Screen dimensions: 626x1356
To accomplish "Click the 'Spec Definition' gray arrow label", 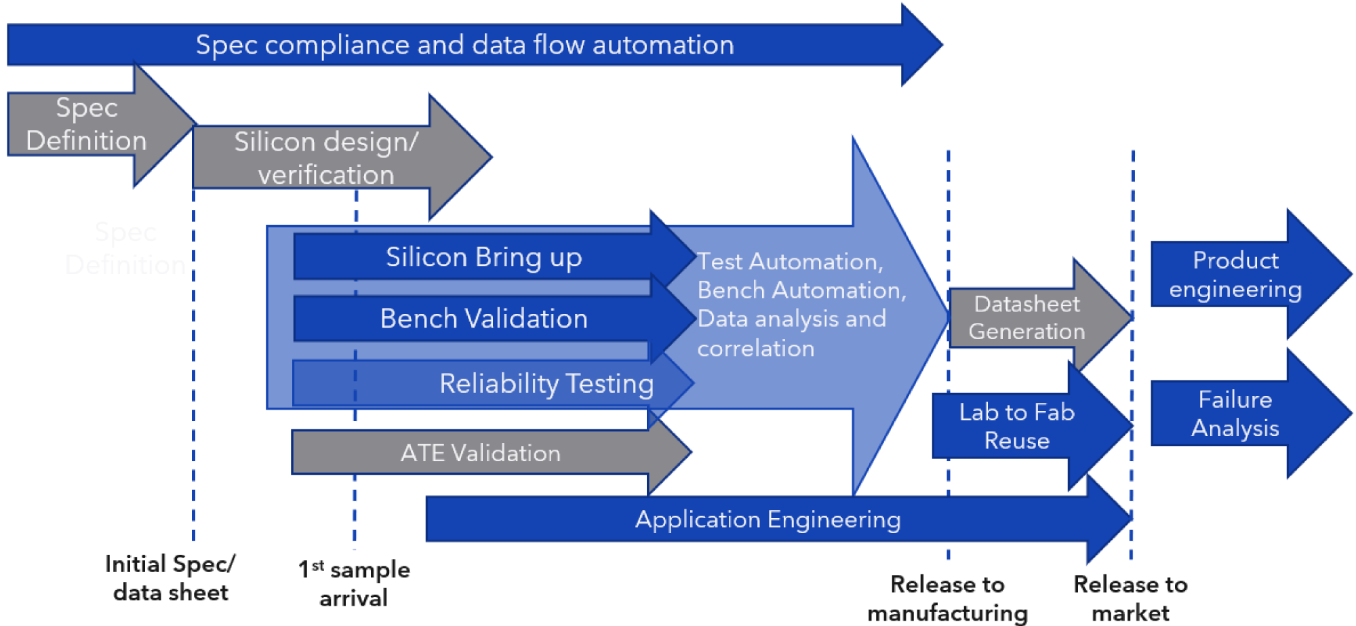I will tap(86, 125).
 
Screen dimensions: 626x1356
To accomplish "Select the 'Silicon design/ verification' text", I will tap(325, 158).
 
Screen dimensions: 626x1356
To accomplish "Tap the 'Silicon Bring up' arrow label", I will tap(483, 258).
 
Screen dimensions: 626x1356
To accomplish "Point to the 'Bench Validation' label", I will tap(483, 319).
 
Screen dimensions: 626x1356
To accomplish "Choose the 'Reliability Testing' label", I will tap(546, 384).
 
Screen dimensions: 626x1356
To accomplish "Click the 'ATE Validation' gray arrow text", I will tap(480, 453).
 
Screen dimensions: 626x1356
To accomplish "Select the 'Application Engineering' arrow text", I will tap(767, 520).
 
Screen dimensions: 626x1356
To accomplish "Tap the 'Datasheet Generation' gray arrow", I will tap(1026, 317).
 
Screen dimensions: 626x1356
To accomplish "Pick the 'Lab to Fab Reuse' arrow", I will tap(1016, 426).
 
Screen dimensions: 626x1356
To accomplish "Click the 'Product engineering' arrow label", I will tap(1235, 275).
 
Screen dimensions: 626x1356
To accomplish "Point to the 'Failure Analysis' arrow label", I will tap(1235, 414).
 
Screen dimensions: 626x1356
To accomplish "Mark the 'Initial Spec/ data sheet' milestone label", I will tap(170, 578).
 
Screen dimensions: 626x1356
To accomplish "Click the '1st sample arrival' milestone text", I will tap(354, 583).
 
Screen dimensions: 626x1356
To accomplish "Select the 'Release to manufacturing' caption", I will tap(947, 598).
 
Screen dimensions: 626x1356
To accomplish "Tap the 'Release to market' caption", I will tap(1130, 598).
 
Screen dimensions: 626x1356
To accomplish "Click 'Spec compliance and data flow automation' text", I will tap(464, 45).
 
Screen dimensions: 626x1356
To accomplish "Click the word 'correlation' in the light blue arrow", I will tap(755, 349).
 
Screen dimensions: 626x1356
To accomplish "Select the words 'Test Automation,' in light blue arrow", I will tap(790, 262).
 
